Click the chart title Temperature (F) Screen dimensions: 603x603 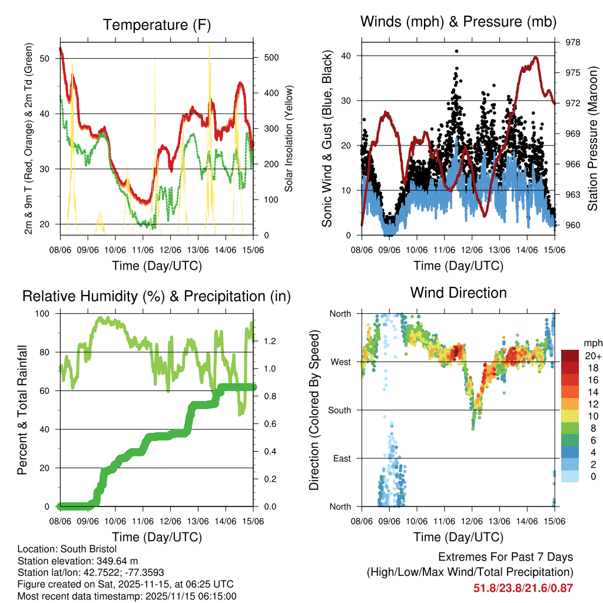156,25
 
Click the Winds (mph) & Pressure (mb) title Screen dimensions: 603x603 458,22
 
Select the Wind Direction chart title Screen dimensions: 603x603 458,292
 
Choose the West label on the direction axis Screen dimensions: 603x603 340,362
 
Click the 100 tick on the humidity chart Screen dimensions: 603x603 44,313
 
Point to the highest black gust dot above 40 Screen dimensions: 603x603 456,51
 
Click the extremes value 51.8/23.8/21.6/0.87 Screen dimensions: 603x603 523,588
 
